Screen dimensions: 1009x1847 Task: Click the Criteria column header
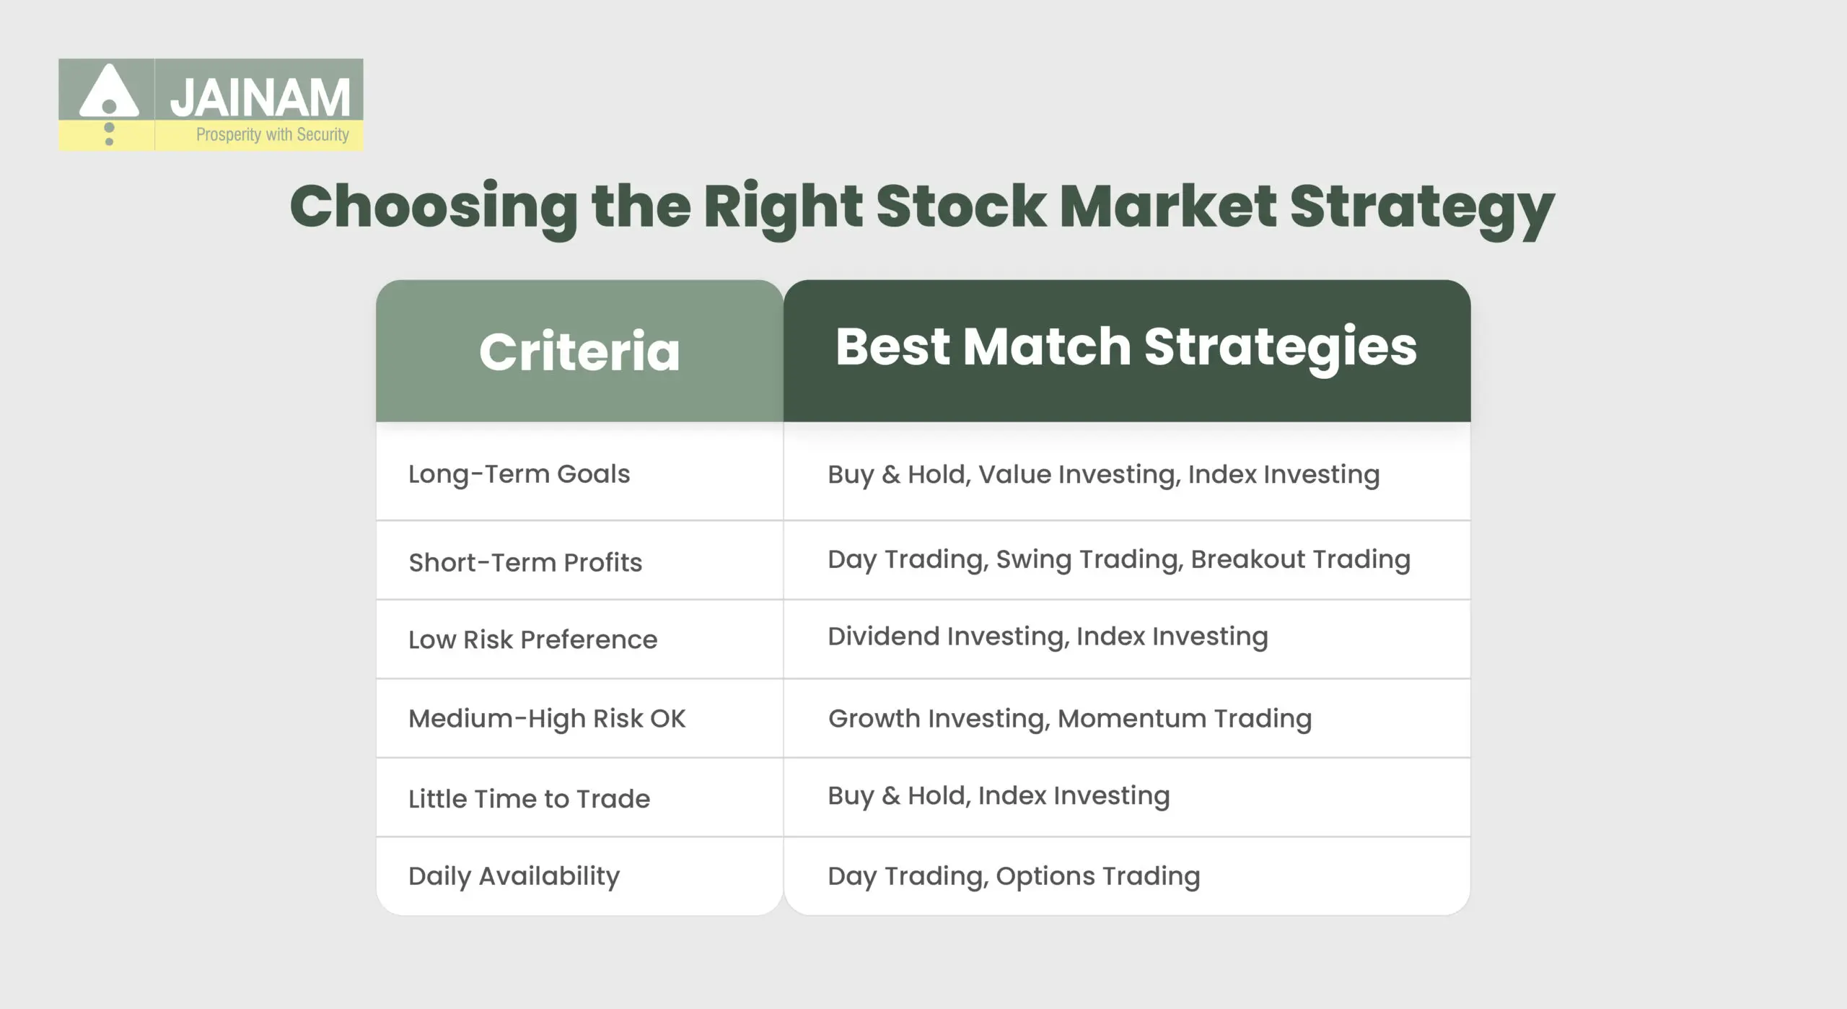click(579, 351)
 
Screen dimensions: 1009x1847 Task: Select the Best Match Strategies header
click(1126, 347)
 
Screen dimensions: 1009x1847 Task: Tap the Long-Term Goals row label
click(519, 474)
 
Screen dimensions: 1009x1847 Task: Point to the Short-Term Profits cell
click(525, 562)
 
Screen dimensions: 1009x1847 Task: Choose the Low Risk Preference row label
click(532, 639)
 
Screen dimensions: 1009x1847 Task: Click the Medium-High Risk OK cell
click(547, 719)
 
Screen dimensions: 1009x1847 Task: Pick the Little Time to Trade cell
click(529, 799)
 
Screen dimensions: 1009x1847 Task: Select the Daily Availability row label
click(514, 876)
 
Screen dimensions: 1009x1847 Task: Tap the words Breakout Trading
click(1300, 559)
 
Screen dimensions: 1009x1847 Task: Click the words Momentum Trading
click(1185, 719)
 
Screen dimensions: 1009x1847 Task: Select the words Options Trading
click(1097, 876)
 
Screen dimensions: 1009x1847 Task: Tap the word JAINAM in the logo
click(260, 97)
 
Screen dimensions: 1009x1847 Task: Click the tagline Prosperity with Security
click(272, 135)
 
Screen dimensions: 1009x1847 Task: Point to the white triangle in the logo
click(109, 92)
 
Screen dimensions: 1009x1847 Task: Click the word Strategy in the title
click(1421, 207)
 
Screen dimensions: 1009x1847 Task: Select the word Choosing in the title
click(434, 207)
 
